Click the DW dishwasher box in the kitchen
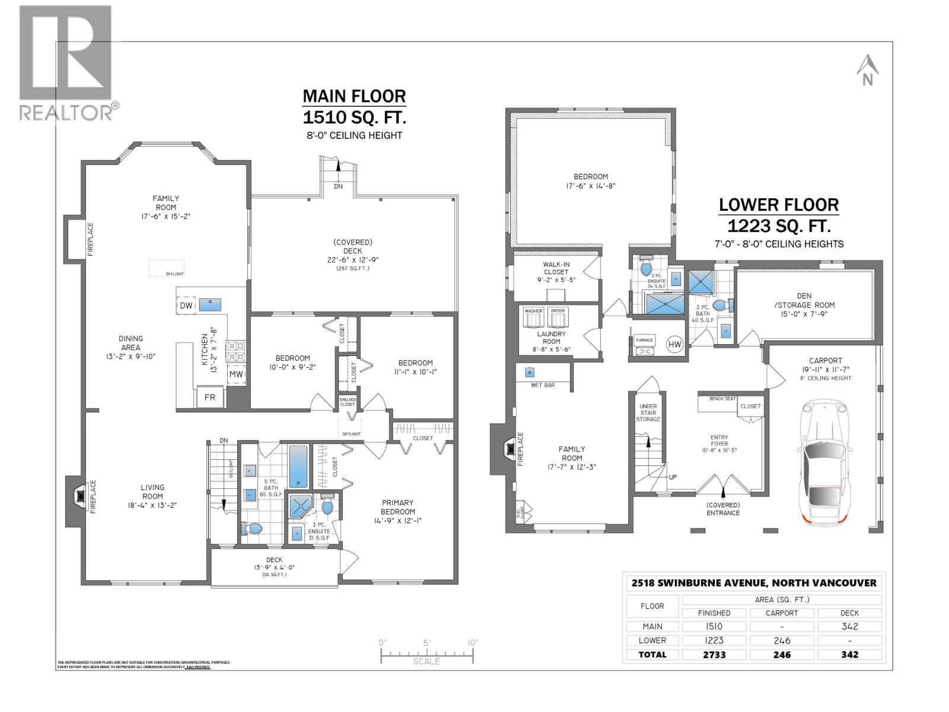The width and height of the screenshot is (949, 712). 185,305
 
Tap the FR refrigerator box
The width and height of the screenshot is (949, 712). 210,398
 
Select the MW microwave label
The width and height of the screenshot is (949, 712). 236,374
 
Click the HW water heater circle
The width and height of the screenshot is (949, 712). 674,344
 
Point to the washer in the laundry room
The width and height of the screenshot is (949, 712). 533,317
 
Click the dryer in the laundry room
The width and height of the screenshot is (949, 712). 558,317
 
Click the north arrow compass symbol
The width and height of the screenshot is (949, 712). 867,70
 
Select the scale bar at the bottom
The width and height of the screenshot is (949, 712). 427,655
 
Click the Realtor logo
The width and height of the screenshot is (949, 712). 66,62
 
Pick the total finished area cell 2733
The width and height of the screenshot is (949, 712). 714,654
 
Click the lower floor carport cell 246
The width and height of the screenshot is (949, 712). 782,640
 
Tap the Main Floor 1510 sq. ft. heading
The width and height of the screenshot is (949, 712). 354,106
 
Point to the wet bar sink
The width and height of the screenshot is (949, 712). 530,373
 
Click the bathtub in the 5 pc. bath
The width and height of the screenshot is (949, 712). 298,466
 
